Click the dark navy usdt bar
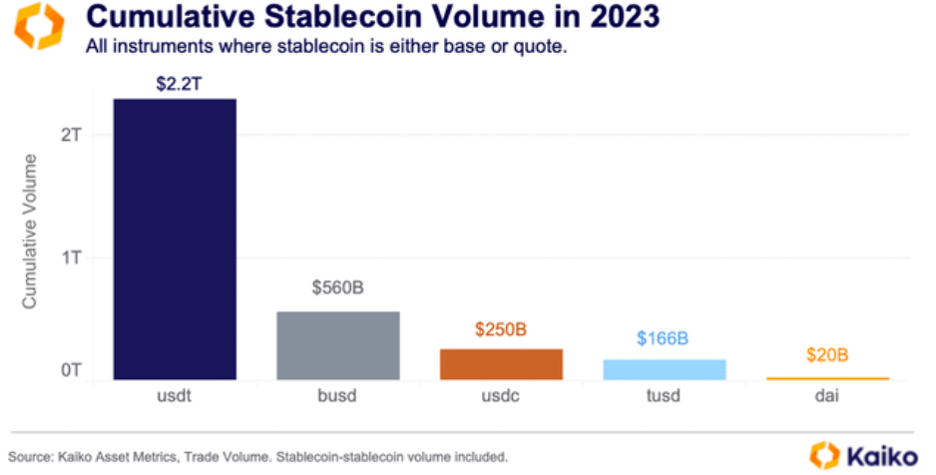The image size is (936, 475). [x=175, y=238]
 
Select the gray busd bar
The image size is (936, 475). [x=337, y=345]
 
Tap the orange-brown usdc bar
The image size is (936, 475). [x=501, y=363]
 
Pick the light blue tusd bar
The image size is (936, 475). [x=664, y=369]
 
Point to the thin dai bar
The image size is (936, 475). [x=826, y=378]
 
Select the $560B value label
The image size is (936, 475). [x=337, y=288]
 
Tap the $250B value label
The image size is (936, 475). [x=501, y=328]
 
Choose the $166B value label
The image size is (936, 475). [x=663, y=338]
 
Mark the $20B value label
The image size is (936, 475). [x=826, y=355]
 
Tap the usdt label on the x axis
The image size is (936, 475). [x=175, y=396]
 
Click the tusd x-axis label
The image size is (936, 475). [x=664, y=396]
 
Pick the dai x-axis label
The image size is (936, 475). [x=826, y=396]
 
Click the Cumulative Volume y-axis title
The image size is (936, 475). [x=30, y=231]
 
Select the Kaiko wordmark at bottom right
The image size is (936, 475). [x=883, y=454]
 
